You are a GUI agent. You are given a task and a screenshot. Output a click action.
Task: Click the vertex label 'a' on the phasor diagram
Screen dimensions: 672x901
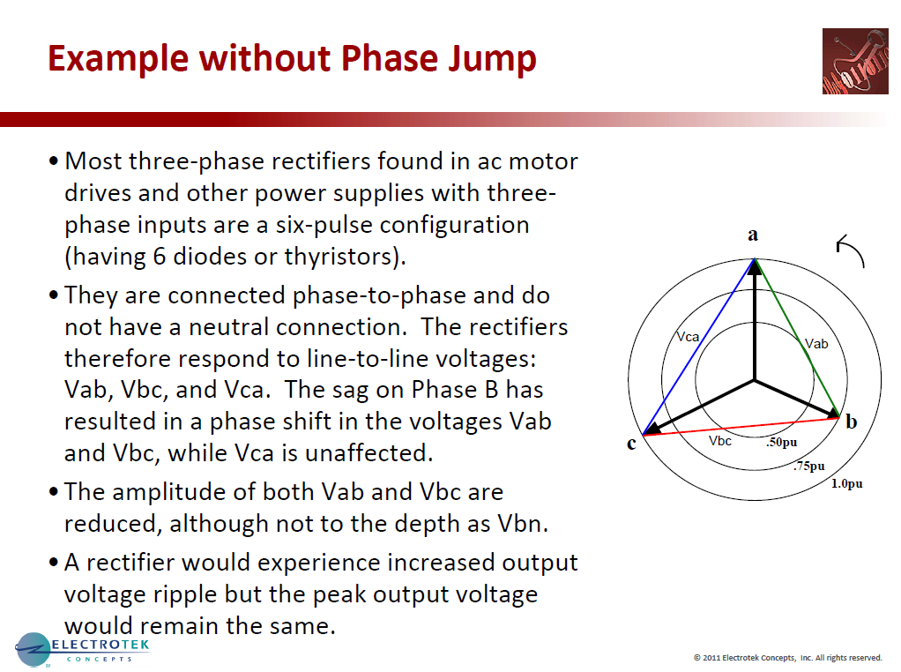point(753,235)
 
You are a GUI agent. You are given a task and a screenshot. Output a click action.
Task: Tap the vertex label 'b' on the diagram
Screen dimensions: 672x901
point(851,422)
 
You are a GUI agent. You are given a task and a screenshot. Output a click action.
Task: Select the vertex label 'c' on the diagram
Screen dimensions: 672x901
point(631,444)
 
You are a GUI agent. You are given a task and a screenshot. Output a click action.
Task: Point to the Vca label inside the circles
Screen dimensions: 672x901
point(688,337)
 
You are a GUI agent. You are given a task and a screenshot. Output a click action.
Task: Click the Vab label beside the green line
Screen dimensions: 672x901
point(817,344)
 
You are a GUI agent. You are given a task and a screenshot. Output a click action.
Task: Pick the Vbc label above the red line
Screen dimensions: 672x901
point(720,440)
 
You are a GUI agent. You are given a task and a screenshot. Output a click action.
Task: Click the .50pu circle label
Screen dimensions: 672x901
point(782,443)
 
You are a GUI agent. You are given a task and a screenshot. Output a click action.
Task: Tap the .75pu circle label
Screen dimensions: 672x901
point(809,466)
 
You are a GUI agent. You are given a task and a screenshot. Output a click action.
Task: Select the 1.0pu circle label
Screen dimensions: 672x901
point(848,484)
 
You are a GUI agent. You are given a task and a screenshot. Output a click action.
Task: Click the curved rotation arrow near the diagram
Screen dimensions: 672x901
point(851,250)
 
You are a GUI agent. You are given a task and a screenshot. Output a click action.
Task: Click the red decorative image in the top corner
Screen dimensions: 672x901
point(855,61)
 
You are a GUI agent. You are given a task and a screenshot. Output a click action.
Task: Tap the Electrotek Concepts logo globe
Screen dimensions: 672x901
point(33,650)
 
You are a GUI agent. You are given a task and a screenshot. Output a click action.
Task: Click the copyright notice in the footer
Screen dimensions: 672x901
point(787,657)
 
